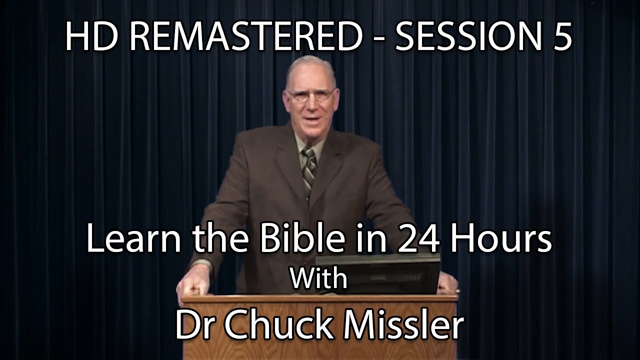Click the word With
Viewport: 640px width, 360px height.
(319, 278)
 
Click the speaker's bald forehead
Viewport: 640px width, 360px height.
(310, 75)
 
